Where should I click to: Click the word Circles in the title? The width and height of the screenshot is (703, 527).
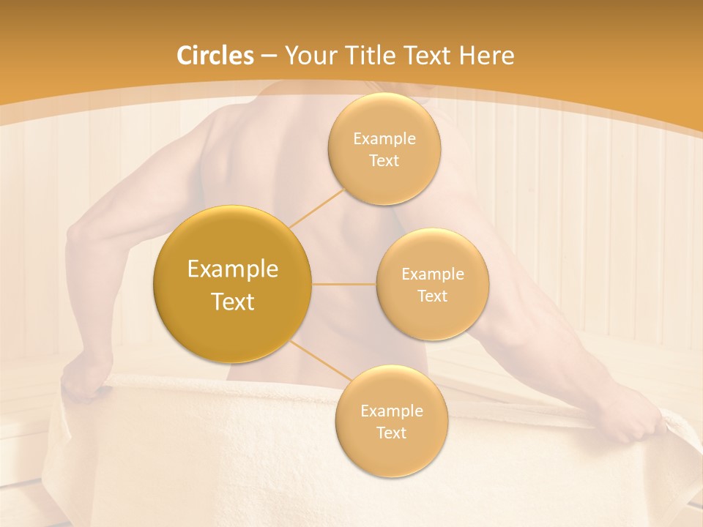(215, 56)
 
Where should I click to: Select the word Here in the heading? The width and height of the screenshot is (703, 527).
(486, 56)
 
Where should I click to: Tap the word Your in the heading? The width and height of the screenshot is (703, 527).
(308, 56)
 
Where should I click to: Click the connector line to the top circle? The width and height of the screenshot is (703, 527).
(316, 207)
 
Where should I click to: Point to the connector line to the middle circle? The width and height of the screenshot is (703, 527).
(344, 284)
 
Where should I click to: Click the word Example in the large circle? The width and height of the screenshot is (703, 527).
(232, 269)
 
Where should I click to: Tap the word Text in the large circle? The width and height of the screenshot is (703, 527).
(232, 302)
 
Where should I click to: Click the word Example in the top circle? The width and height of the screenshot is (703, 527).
(384, 139)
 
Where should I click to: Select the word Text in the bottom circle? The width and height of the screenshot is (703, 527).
(391, 433)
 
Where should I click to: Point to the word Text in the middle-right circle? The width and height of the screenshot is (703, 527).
(432, 296)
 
